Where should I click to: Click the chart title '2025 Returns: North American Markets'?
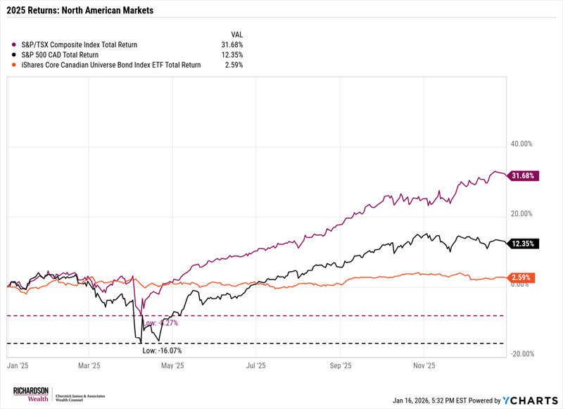(x=81, y=11)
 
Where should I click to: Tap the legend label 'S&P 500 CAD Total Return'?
(x=59, y=54)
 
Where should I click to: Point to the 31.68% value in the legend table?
(x=232, y=44)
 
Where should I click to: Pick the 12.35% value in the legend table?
(x=232, y=54)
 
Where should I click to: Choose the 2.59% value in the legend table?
(x=234, y=65)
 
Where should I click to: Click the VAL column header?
(x=236, y=34)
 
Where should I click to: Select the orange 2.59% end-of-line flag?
(x=523, y=277)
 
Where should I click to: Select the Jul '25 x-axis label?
(x=256, y=366)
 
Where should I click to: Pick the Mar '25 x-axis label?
(x=88, y=366)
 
